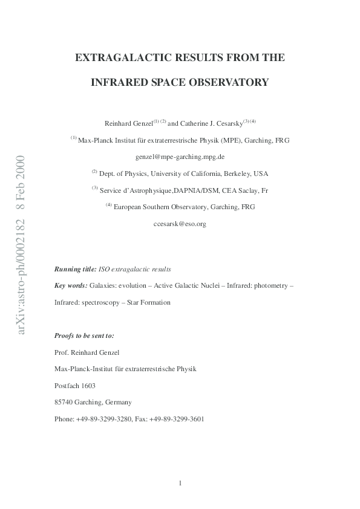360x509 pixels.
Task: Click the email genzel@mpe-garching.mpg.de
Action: (180, 155)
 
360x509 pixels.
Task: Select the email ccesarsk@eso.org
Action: (180, 224)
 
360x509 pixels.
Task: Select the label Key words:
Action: (71, 284)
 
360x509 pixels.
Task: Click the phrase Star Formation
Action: (149, 301)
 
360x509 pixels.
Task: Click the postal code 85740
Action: (64, 402)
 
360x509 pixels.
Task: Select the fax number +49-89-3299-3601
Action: (182, 419)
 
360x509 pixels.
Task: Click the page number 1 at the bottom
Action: (180, 482)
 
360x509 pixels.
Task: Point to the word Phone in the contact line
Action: (64, 419)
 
